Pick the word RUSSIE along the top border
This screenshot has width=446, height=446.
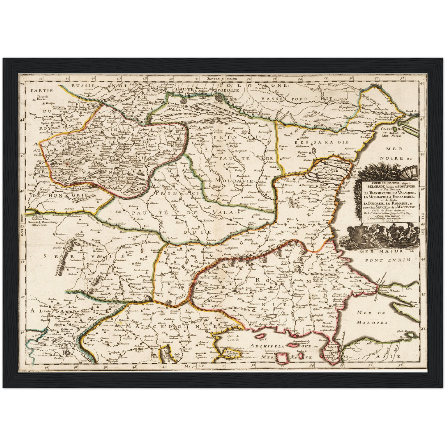(83, 85)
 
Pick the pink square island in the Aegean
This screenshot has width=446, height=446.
(281, 357)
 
